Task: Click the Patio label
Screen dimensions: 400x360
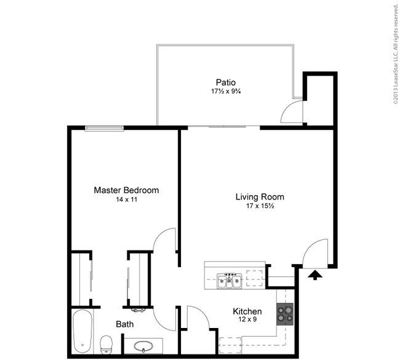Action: pyautogui.click(x=226, y=82)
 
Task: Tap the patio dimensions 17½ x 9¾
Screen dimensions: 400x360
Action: pyautogui.click(x=226, y=91)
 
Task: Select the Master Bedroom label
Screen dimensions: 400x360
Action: pyautogui.click(x=126, y=190)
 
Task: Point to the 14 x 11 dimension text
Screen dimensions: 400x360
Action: pyautogui.click(x=127, y=199)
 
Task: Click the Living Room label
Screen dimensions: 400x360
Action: pyautogui.click(x=260, y=197)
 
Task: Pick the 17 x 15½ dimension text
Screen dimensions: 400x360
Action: pyautogui.click(x=260, y=206)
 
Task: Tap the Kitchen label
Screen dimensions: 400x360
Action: pyautogui.click(x=247, y=311)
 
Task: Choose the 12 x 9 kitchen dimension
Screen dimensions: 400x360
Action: pyautogui.click(x=247, y=319)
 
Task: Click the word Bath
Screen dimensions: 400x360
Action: pyautogui.click(x=125, y=324)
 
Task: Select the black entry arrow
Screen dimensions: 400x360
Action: pyautogui.click(x=315, y=275)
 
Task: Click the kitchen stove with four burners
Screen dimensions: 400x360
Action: pyautogui.click(x=285, y=314)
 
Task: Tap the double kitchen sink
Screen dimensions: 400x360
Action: pyautogui.click(x=230, y=281)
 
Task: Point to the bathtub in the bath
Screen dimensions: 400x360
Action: pyautogui.click(x=82, y=332)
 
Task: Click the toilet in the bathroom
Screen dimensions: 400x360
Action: pyautogui.click(x=106, y=345)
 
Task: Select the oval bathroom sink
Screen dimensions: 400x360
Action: pyautogui.click(x=143, y=346)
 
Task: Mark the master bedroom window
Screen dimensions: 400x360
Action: pyautogui.click(x=105, y=129)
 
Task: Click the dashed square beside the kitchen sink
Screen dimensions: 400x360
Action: pyautogui.click(x=255, y=278)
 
